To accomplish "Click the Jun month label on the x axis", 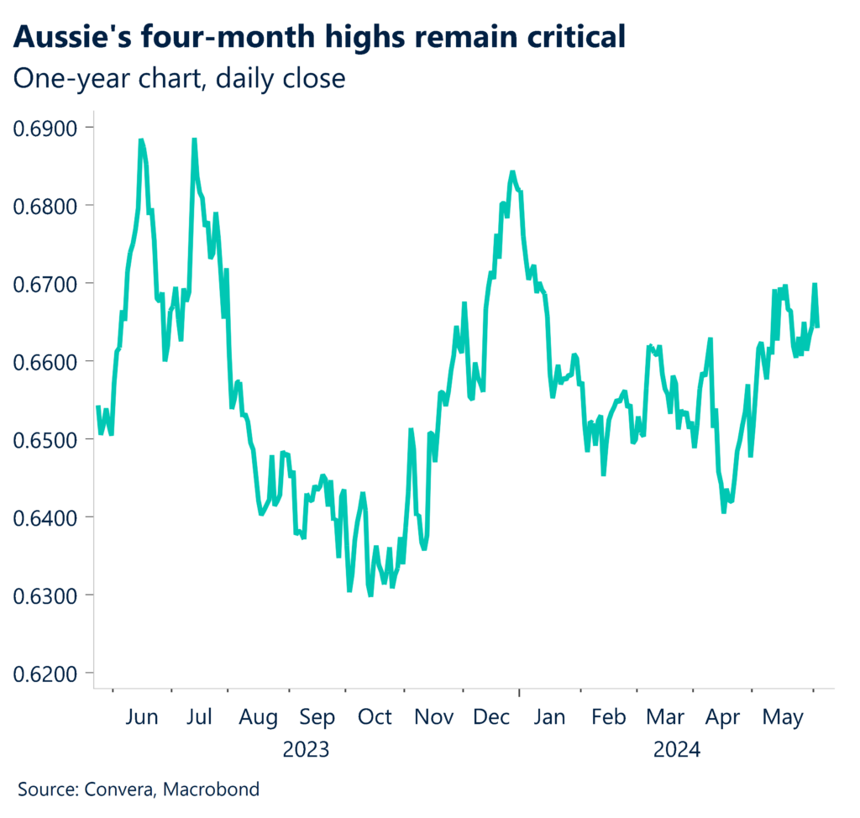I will [141, 717].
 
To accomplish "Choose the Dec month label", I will [490, 717].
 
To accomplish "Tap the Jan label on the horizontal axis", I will [549, 717].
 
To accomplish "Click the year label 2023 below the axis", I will [306, 748].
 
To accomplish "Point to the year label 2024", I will [677, 748].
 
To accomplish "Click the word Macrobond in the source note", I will [211, 789].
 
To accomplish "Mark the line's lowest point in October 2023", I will [370, 595].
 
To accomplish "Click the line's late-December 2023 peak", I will [511, 172].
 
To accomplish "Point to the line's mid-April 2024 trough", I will [723, 511].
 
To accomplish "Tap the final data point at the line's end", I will [818, 327].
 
